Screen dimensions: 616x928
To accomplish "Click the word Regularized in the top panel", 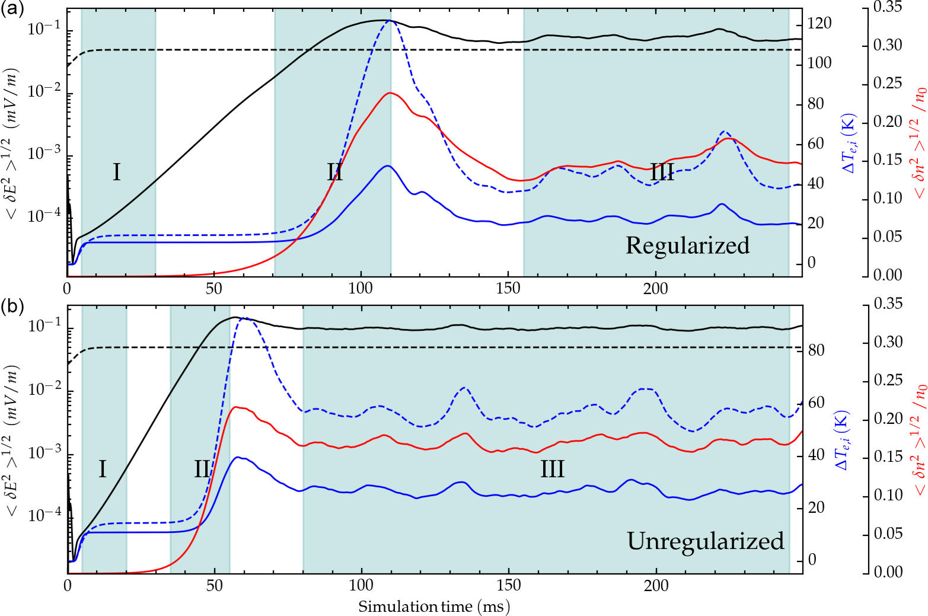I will pos(687,245).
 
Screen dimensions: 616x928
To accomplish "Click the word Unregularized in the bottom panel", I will pos(706,541).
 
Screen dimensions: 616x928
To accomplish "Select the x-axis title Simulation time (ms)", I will pos(434,607).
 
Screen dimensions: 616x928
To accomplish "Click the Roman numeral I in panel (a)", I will pos(117,173).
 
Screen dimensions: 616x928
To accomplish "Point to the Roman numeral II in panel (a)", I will pos(335,173).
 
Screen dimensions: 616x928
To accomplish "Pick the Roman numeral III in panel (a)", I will pos(662,173).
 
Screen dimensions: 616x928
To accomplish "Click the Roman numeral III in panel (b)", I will pos(552,470).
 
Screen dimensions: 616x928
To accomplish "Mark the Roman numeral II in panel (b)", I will pos(202,470).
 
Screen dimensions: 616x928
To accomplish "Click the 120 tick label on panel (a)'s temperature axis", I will pos(819,24).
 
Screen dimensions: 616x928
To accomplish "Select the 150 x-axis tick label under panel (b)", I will pos(509,586).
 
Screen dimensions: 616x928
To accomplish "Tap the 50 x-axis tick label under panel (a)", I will pos(214,289).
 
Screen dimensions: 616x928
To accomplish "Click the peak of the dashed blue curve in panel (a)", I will pos(390,21).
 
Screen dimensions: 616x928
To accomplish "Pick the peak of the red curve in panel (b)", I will pos(236,407).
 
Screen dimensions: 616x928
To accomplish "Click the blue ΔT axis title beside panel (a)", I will pos(849,142).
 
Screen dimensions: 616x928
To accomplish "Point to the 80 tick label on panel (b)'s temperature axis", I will pos(817,350).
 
